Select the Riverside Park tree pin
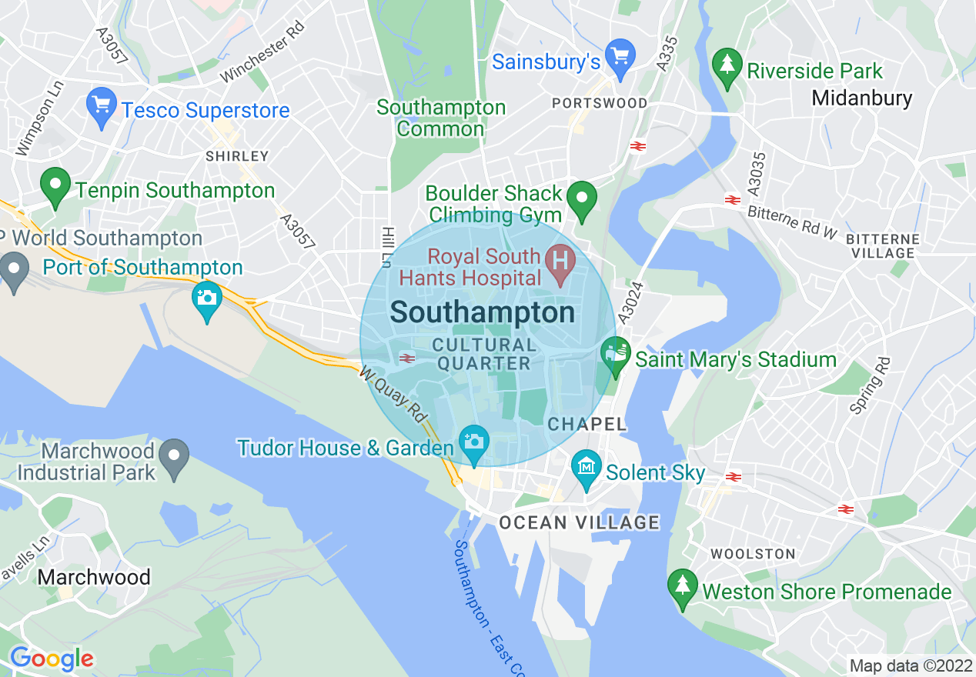coord(727,67)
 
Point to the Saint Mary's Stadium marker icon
coord(615,355)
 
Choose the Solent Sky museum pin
coord(587,468)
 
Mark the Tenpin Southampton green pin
coord(55,186)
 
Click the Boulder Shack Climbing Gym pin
coord(582,198)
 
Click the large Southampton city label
coord(483,312)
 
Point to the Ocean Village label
coord(579,523)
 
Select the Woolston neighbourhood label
coord(753,554)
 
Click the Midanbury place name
coord(861,98)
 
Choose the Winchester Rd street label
coord(262,52)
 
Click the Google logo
coord(52,659)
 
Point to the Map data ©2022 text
coord(909,665)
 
